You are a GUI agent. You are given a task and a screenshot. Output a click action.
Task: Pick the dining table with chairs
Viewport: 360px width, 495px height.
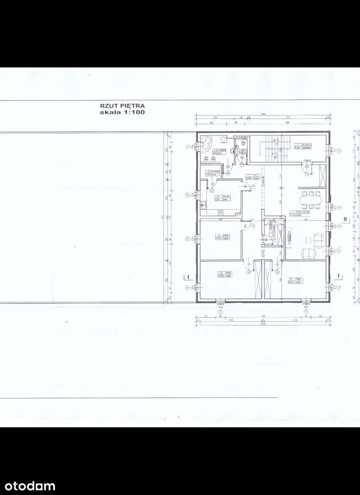click(x=311, y=200)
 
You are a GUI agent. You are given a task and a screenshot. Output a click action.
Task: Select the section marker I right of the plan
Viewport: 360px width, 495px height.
click(x=338, y=275)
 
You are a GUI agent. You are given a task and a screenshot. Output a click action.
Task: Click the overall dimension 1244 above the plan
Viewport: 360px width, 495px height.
click(x=263, y=115)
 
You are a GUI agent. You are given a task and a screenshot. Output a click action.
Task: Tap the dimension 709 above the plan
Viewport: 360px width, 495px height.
click(x=287, y=122)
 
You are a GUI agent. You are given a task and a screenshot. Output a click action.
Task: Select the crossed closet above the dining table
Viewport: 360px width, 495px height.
click(x=323, y=174)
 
